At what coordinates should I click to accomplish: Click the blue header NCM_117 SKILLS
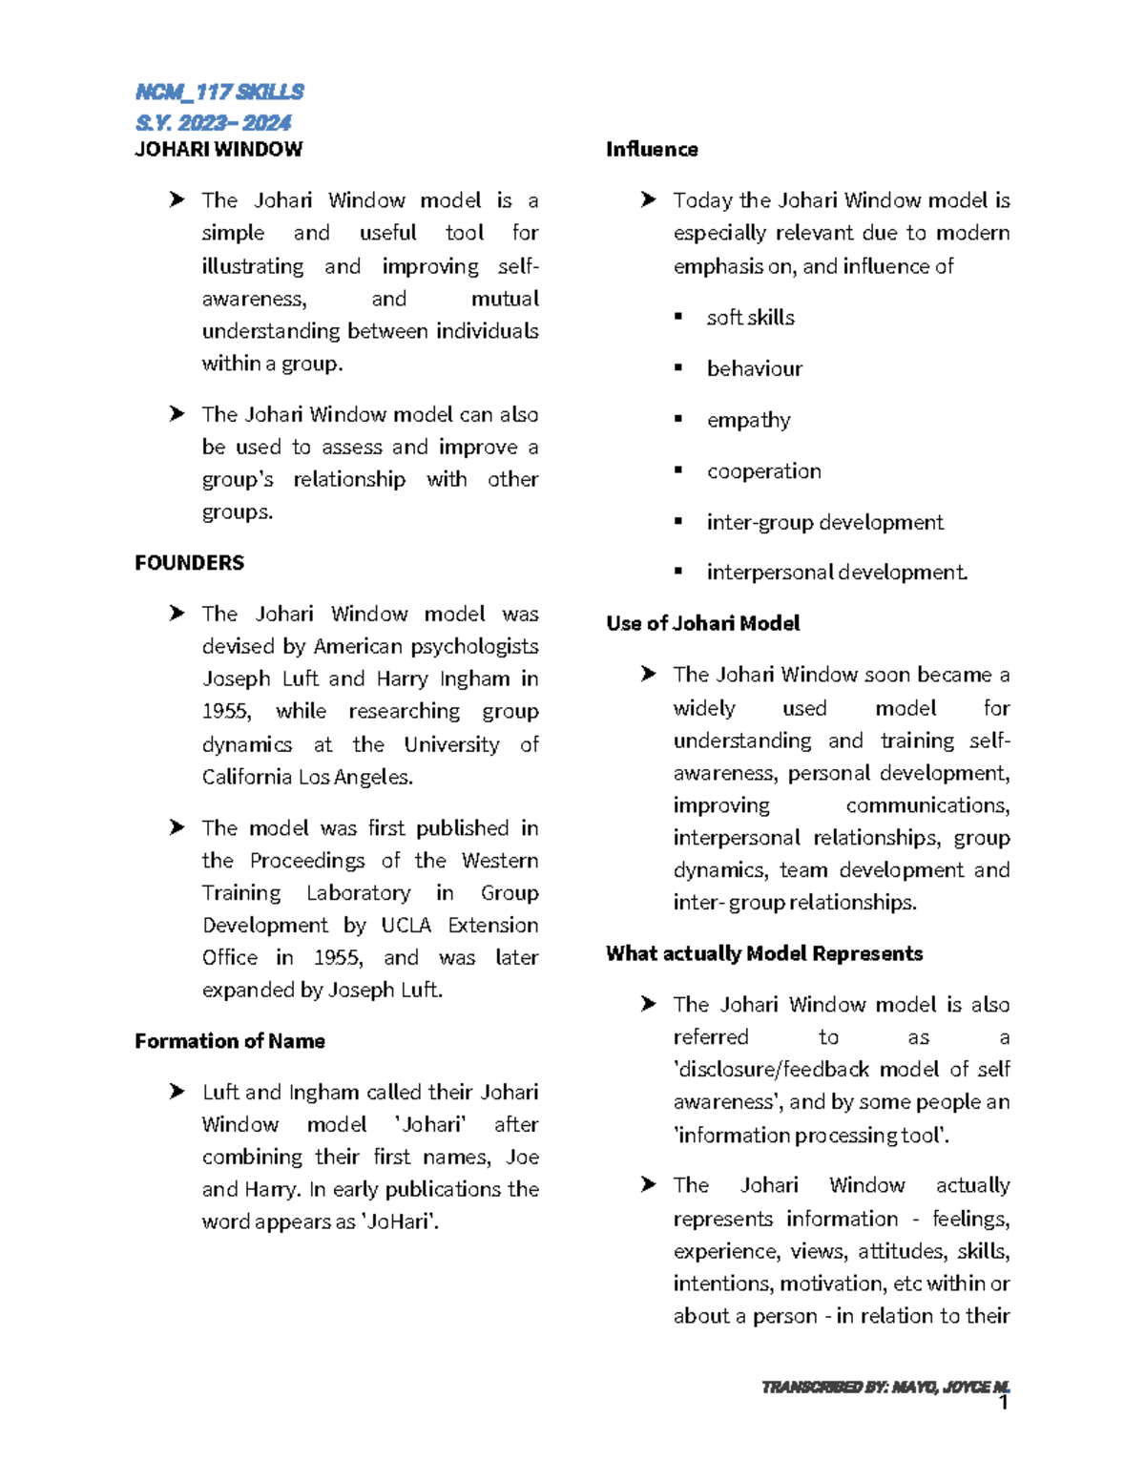coord(219,92)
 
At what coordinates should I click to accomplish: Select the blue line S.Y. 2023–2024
coord(213,122)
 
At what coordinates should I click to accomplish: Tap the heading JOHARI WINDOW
coord(219,149)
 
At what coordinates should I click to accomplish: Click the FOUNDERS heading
coord(189,563)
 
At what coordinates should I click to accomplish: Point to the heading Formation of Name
coord(230,1041)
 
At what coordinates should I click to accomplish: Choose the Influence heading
coord(652,149)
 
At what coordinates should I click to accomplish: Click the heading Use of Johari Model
coord(702,623)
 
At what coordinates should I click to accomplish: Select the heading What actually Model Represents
coord(764,953)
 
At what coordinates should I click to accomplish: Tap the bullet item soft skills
coord(750,318)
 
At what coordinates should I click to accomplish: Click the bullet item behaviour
coord(754,369)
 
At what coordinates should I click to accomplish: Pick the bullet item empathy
coord(748,420)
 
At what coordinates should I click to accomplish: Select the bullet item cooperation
coord(763,471)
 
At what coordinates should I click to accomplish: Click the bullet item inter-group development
coord(824,522)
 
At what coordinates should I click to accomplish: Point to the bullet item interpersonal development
coord(837,573)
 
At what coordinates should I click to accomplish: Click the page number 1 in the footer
coord(1003,1403)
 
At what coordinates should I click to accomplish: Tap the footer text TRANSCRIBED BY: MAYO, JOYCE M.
coord(885,1387)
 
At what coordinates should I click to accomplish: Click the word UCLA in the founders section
coord(406,926)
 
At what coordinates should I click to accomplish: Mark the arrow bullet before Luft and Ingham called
coord(177,1092)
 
